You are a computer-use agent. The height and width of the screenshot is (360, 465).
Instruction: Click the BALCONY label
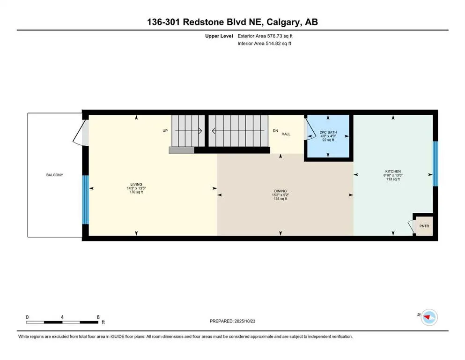[54, 175]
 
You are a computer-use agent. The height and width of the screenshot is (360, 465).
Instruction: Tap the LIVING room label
[136, 184]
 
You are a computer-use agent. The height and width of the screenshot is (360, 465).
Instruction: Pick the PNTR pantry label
[424, 226]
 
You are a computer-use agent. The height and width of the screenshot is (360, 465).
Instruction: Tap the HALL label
[286, 134]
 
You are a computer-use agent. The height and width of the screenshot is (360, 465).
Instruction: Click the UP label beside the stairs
[165, 131]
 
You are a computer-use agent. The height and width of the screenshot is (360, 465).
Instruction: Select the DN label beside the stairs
[275, 131]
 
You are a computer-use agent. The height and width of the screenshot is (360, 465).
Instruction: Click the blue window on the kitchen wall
[435, 164]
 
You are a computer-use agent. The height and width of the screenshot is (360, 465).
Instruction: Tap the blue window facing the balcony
[85, 200]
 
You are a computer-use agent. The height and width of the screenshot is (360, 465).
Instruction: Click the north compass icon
[428, 317]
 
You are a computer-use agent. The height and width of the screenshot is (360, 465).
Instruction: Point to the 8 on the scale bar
[98, 317]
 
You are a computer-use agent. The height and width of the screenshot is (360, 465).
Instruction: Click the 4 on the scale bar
[62, 317]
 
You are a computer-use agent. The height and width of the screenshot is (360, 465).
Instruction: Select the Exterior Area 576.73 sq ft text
[266, 36]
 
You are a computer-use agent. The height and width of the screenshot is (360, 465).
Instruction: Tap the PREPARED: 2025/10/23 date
[233, 321]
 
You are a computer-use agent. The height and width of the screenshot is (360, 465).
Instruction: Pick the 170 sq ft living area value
[136, 192]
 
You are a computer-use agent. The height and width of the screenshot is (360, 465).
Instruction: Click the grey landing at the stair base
[182, 150]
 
